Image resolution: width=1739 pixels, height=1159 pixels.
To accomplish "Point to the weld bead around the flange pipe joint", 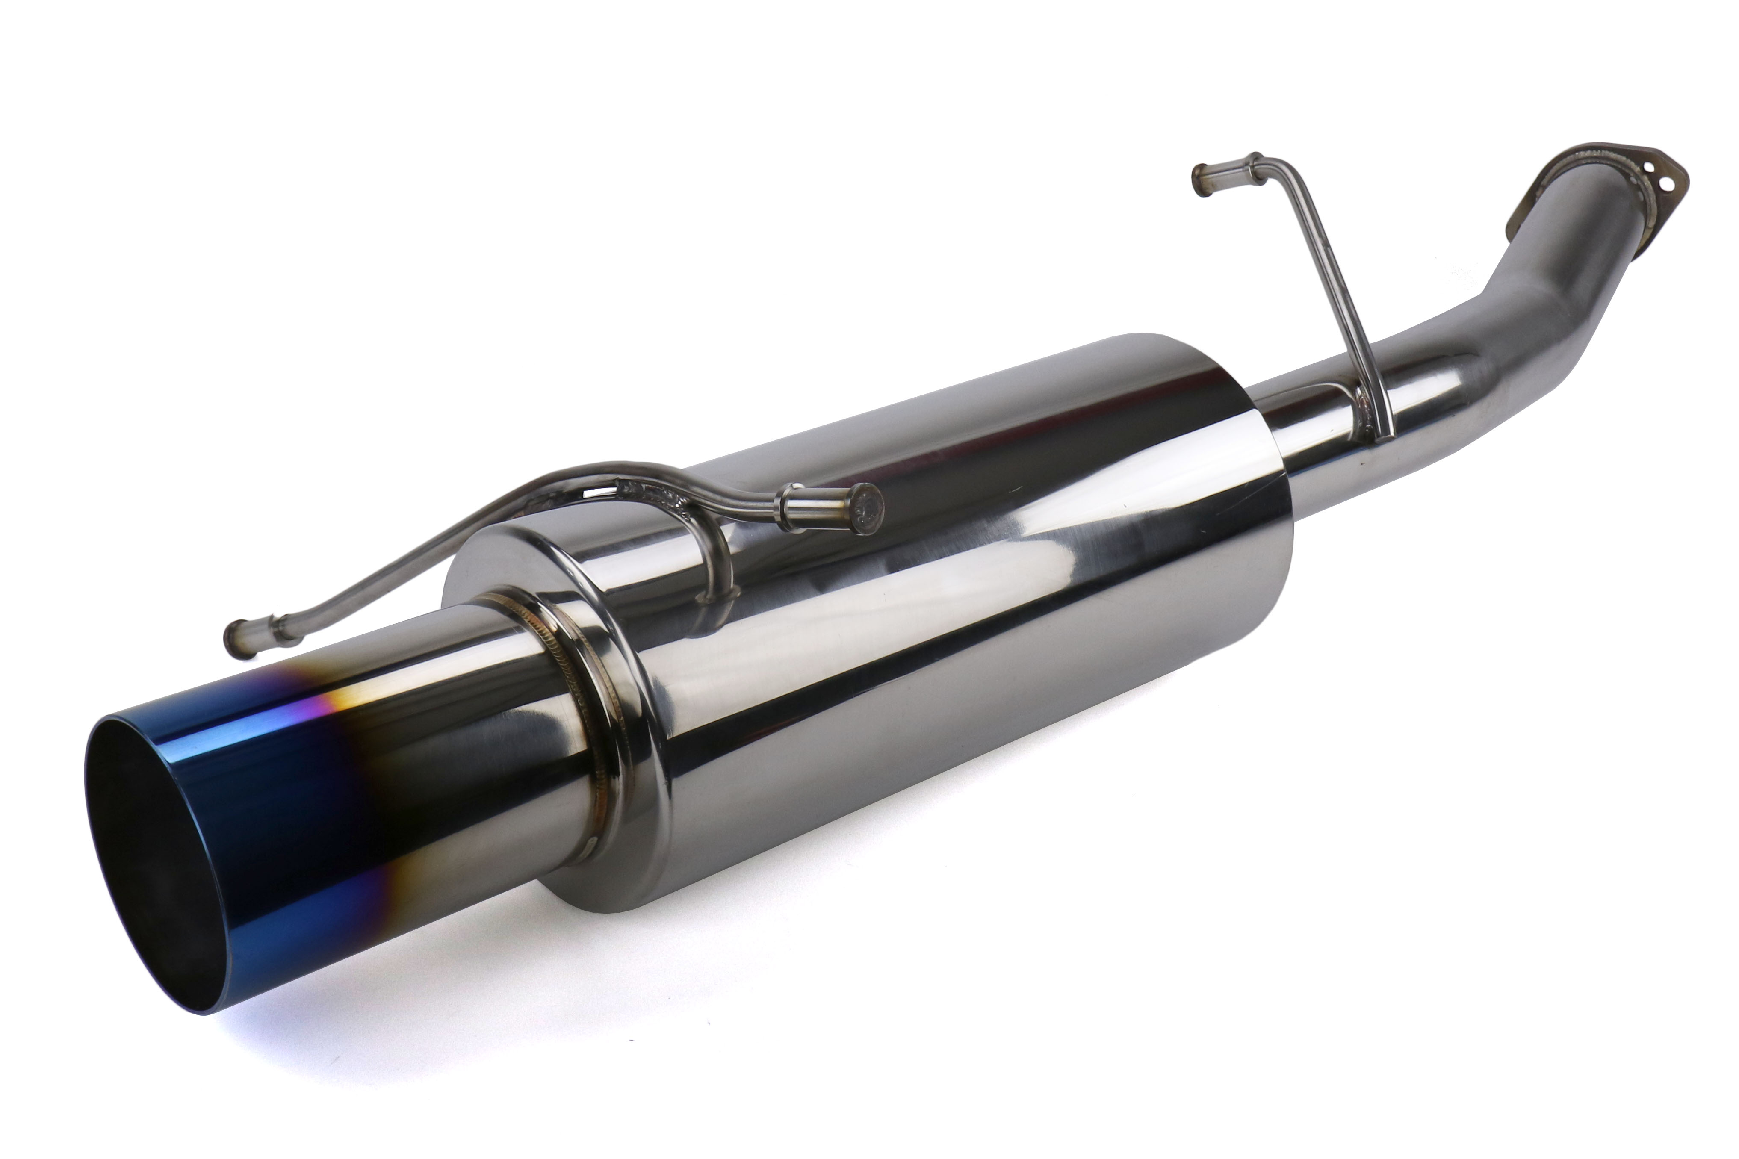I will click(1582, 185).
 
